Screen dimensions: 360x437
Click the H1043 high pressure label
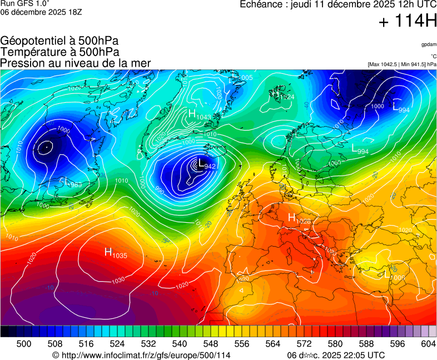tap(199, 115)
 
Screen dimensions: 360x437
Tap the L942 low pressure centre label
tap(206, 164)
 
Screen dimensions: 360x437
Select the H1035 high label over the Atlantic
tap(116, 253)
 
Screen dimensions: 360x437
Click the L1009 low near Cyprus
tap(395, 274)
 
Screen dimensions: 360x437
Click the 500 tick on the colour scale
tap(24, 344)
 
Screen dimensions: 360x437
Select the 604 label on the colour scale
tap(428, 344)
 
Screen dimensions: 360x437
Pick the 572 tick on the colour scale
tap(304, 344)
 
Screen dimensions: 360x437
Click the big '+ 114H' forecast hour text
tap(407, 22)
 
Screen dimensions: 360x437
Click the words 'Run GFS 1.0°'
tap(25, 3)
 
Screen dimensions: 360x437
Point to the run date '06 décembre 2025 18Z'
tap(41, 12)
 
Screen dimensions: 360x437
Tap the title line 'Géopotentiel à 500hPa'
tap(59, 41)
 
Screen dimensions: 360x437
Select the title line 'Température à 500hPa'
tap(59, 52)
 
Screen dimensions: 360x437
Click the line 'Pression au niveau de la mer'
tap(76, 63)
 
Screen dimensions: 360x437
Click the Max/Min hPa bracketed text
tap(402, 64)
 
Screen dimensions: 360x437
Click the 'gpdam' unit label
tap(428, 44)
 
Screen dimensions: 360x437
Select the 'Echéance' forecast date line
tap(338, 4)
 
